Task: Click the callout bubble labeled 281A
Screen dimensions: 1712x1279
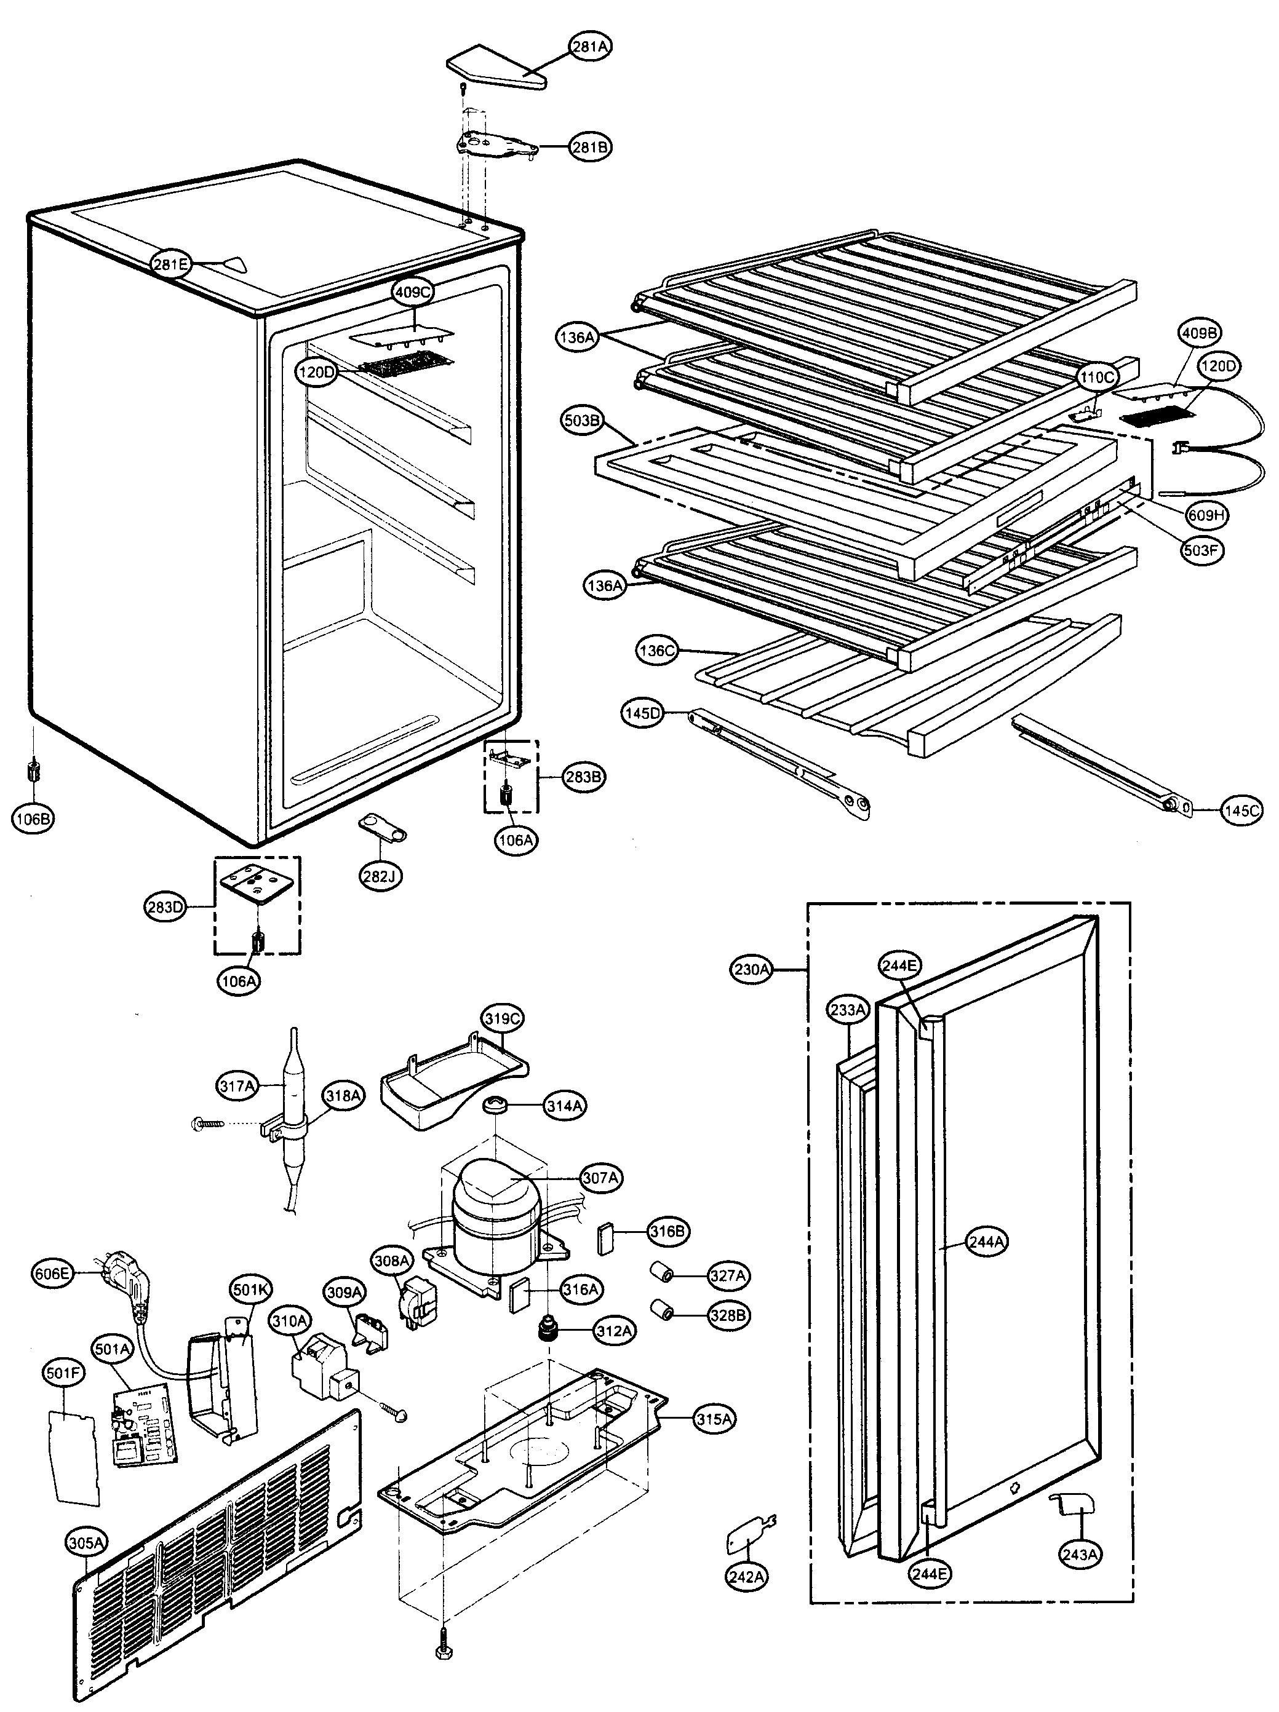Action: point(591,47)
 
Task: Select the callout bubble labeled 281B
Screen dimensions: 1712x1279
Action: point(591,146)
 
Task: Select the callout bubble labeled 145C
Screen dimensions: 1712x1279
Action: point(1241,810)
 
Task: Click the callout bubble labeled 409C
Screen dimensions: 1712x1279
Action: point(413,293)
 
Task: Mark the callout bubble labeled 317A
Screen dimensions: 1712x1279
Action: point(237,1087)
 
